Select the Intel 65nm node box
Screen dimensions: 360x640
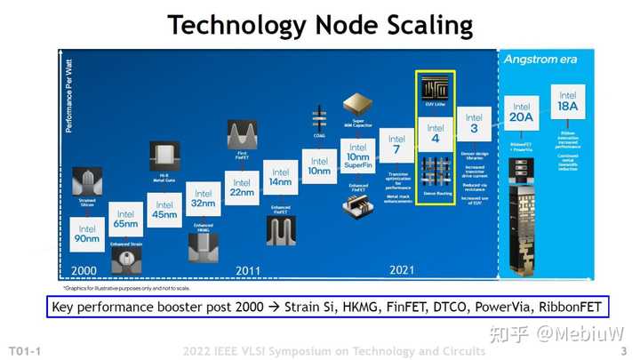[x=125, y=220]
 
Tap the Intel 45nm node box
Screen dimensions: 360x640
[x=164, y=210]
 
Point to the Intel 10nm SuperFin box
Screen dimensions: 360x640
[x=358, y=155]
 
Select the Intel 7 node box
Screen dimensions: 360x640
[x=396, y=144]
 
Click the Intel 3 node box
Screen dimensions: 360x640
[x=474, y=122]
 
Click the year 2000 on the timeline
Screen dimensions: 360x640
[x=84, y=269]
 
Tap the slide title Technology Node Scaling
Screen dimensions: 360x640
[x=320, y=25]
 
